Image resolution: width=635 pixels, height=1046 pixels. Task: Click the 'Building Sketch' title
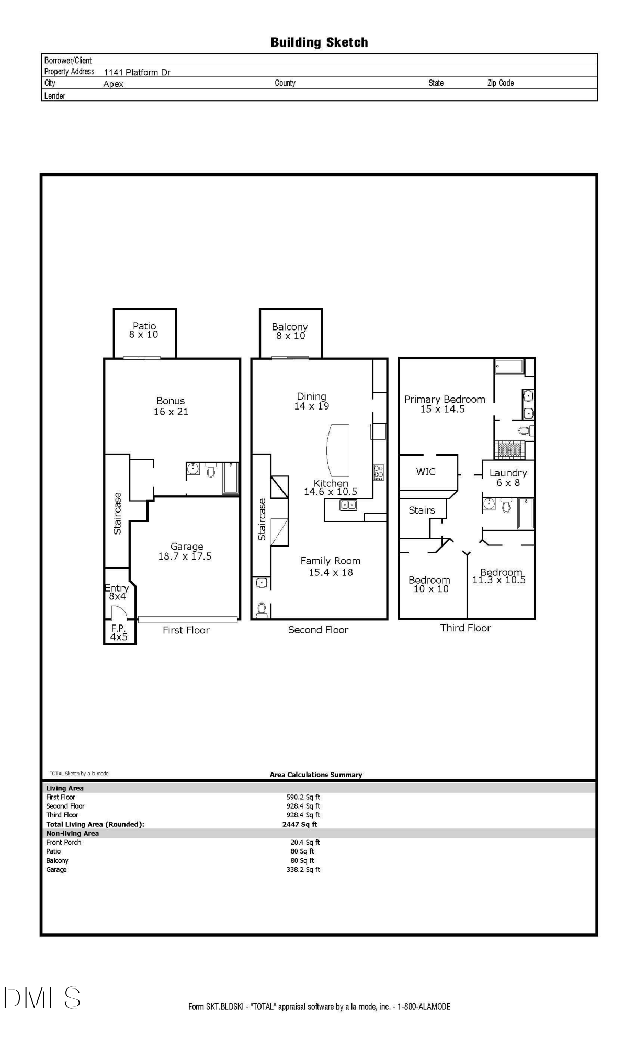point(319,42)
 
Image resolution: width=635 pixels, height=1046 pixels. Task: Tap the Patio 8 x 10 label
point(144,330)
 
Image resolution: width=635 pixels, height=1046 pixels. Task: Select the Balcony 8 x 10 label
point(290,331)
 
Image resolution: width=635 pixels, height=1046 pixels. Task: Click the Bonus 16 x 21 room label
point(171,406)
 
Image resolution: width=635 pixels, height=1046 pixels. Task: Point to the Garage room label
point(185,551)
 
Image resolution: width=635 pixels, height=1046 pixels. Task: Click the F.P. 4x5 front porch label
point(119,632)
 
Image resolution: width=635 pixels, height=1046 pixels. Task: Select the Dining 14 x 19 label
point(312,401)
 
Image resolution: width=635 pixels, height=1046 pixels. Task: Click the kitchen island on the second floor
point(338,450)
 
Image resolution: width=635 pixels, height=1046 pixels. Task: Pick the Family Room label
point(331,566)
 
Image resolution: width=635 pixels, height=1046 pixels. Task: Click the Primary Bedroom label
point(445,404)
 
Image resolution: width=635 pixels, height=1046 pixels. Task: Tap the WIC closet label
point(426,472)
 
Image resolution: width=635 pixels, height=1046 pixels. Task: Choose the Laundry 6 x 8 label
point(508,477)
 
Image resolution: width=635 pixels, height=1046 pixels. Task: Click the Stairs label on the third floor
point(422,510)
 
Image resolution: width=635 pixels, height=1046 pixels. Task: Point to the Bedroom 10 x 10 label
point(429,584)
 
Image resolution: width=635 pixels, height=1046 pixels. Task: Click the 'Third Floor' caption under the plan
point(466,628)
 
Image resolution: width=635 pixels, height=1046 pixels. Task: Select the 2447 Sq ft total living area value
point(300,824)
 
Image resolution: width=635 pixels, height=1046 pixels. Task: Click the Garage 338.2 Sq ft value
point(303,869)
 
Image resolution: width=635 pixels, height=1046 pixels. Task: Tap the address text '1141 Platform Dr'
point(137,72)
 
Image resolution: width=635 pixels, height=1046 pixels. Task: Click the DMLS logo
point(42,997)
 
